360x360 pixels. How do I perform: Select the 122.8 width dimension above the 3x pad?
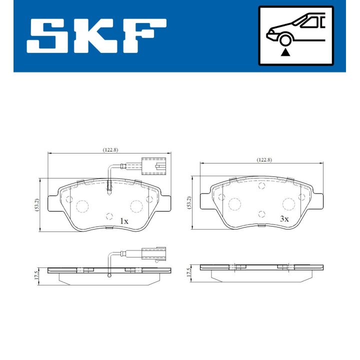point(263,159)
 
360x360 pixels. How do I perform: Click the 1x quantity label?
point(124,220)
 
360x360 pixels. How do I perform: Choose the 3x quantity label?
point(284,219)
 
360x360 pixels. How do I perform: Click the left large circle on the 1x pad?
point(82,205)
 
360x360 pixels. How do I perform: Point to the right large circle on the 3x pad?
point(288,203)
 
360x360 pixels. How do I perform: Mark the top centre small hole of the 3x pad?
point(261,186)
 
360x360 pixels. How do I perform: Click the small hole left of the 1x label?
point(109,216)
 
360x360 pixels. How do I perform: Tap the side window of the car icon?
point(311,21)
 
